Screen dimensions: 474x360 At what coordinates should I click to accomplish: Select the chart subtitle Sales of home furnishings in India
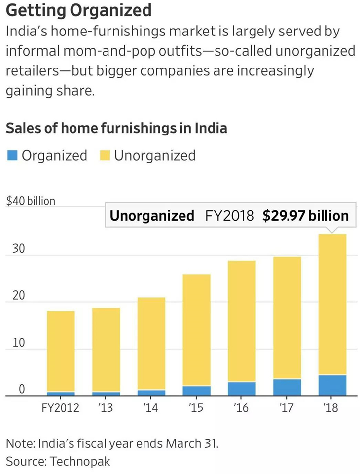116,128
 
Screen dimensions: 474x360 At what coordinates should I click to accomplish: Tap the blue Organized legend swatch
13,156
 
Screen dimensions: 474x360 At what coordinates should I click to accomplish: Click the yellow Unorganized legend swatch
105,156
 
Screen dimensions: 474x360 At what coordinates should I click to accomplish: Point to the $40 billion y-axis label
31,201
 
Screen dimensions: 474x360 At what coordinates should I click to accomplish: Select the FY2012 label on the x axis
61,408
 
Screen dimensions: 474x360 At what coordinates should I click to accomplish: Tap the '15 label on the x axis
196,408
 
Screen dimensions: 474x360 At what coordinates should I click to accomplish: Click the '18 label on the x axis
332,408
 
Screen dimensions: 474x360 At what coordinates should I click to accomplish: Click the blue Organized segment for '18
332,385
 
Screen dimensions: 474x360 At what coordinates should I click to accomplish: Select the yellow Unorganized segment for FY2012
61,351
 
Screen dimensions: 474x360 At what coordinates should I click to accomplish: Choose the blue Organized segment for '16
242,388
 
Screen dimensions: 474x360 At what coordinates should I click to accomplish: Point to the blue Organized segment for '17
287,387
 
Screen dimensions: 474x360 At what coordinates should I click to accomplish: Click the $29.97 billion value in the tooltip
305,216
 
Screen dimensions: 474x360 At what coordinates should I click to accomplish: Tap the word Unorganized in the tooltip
152,216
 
